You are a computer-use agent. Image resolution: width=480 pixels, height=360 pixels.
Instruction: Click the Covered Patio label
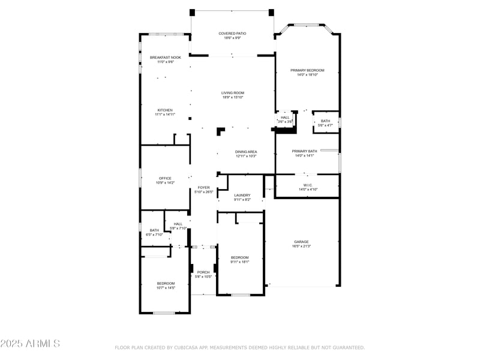pyautogui.click(x=232, y=34)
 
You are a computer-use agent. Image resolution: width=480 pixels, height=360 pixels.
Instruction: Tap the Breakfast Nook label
pyautogui.click(x=165, y=57)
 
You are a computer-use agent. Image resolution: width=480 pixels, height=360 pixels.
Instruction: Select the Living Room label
pyautogui.click(x=233, y=93)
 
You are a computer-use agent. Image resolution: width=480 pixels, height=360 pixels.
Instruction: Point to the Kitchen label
pyautogui.click(x=165, y=110)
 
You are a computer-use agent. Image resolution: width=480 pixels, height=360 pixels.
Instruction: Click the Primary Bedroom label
pyautogui.click(x=307, y=70)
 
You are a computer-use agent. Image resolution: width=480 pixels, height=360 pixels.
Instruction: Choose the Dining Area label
pyautogui.click(x=245, y=152)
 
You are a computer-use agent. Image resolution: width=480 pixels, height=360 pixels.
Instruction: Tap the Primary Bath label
pyautogui.click(x=304, y=151)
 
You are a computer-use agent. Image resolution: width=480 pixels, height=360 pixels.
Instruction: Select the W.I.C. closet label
pyautogui.click(x=307, y=185)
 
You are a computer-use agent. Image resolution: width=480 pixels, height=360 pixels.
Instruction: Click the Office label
pyautogui.click(x=165, y=178)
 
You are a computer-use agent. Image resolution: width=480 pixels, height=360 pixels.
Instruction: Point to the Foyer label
pyautogui.click(x=204, y=188)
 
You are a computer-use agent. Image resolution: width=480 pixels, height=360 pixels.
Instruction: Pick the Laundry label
pyautogui.click(x=242, y=195)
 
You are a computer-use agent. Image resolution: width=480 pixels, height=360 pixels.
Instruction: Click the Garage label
pyautogui.click(x=301, y=242)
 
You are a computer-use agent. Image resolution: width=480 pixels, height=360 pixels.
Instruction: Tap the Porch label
pyautogui.click(x=203, y=272)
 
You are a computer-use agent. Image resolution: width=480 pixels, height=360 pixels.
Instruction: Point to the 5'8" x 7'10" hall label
pyautogui.click(x=178, y=224)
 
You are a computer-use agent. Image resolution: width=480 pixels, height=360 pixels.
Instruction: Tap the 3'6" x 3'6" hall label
pyautogui.click(x=285, y=118)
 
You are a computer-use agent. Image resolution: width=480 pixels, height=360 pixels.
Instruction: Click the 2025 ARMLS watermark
pyautogui.click(x=30, y=344)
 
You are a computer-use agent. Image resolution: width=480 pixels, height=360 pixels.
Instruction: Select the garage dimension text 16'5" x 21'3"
pyautogui.click(x=301, y=246)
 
